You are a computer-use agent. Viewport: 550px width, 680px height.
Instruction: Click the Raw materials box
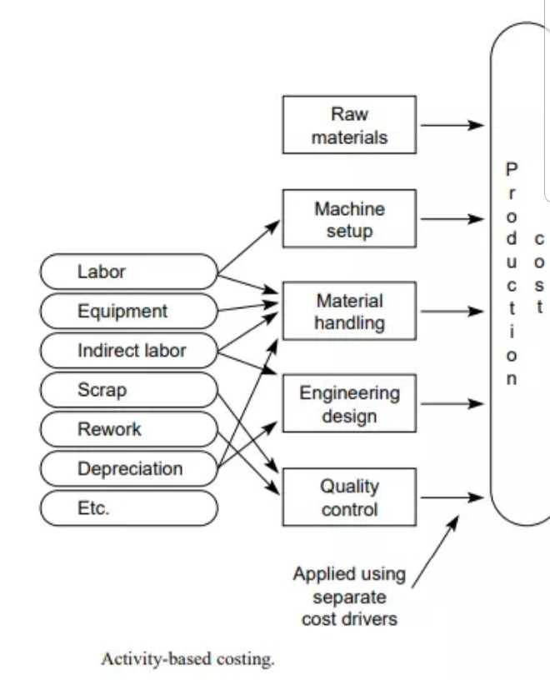(x=349, y=125)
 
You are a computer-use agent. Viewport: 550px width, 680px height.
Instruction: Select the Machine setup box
(x=349, y=219)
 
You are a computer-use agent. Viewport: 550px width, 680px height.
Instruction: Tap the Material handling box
(x=349, y=312)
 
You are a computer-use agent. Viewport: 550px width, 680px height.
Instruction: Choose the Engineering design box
(x=349, y=404)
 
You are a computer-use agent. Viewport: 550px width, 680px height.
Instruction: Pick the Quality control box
(x=349, y=497)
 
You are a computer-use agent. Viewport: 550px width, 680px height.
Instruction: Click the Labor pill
(x=128, y=272)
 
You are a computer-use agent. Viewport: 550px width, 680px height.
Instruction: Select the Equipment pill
(x=128, y=311)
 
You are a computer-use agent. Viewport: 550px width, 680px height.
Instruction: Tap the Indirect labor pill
(x=128, y=351)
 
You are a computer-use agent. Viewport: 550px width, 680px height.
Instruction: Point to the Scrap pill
(x=128, y=390)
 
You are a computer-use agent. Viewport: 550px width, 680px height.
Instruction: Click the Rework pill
(x=128, y=429)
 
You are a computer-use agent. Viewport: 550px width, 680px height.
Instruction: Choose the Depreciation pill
(x=128, y=468)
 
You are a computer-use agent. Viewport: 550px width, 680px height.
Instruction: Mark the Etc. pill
(x=128, y=508)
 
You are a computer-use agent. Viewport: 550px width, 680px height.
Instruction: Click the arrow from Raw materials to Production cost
(x=451, y=126)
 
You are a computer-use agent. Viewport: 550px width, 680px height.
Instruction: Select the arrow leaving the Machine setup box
(x=451, y=220)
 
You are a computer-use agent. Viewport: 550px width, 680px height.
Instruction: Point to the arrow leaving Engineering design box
(x=451, y=405)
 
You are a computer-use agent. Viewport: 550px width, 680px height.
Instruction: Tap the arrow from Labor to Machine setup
(x=249, y=247)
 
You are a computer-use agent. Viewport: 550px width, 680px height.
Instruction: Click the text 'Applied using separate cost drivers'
(x=350, y=597)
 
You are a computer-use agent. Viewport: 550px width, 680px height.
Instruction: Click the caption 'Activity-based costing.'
(x=187, y=659)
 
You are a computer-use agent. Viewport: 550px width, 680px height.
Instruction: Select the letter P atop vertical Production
(x=512, y=169)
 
